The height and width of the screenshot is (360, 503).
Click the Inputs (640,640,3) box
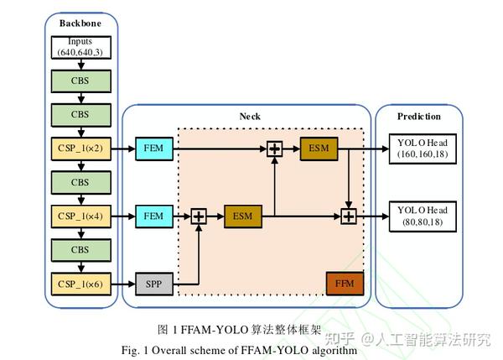(81, 48)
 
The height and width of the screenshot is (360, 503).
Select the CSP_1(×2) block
(81, 149)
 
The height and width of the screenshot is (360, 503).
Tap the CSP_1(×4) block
(81, 217)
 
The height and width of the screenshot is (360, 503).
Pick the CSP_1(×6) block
(81, 284)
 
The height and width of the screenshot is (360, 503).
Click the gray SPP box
(154, 284)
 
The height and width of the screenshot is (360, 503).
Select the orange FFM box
(345, 284)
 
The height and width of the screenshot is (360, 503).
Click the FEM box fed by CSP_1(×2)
(154, 149)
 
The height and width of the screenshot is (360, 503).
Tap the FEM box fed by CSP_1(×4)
(154, 217)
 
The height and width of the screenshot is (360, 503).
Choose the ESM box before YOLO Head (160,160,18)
(319, 149)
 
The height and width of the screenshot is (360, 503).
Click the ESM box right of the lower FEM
(243, 217)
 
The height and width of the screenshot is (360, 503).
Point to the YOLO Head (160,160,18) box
(423, 149)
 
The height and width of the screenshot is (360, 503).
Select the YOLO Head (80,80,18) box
(423, 217)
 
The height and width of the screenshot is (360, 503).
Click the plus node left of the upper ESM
(275, 149)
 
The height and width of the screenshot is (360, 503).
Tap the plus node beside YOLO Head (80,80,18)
(349, 217)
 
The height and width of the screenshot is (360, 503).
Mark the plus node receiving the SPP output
(199, 217)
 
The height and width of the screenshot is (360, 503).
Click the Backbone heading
(80, 23)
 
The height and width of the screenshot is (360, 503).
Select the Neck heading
(250, 117)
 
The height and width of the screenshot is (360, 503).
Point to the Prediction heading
(419, 117)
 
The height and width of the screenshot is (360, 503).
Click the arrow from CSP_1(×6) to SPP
(123, 284)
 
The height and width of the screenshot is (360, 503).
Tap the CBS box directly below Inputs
(81, 81)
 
